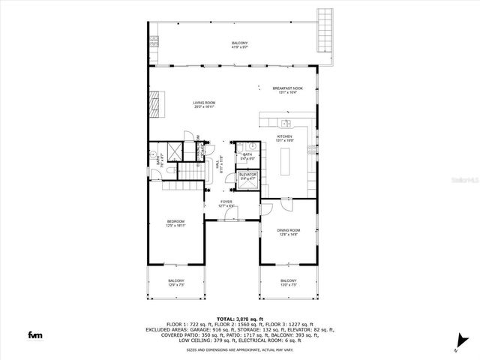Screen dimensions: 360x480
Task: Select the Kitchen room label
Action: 283,138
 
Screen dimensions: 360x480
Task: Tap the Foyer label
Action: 225,203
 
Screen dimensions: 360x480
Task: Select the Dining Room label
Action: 289,232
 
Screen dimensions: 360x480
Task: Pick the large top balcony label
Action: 239,46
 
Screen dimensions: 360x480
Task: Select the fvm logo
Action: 35,334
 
